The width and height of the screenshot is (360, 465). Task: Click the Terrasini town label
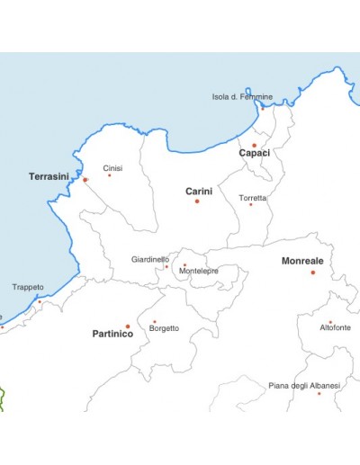[x=49, y=176]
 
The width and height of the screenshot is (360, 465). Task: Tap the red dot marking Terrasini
[x=85, y=180]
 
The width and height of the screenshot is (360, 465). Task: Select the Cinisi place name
[x=112, y=168]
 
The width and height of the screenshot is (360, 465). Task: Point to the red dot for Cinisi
[x=110, y=174]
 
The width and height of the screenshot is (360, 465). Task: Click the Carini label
[x=198, y=191]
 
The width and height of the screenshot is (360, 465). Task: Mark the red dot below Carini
[x=197, y=201]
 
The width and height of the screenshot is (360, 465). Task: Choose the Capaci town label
[x=254, y=153]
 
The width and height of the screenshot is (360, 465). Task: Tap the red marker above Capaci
[x=254, y=145]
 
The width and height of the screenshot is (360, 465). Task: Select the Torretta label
[x=252, y=197]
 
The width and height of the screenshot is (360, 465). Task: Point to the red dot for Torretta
[x=250, y=204]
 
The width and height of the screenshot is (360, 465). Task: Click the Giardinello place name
[x=149, y=259]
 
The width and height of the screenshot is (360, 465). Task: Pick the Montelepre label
[x=199, y=271]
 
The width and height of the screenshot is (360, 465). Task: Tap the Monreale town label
[x=302, y=261]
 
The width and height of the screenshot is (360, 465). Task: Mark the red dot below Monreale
[x=313, y=272]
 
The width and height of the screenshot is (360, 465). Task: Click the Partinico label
[x=112, y=334]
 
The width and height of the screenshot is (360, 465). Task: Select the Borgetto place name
[x=164, y=328]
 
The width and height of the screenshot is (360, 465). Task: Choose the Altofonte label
[x=335, y=328]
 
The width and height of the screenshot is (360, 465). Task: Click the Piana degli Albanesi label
[x=304, y=385]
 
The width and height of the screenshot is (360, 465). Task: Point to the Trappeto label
[x=28, y=287]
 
